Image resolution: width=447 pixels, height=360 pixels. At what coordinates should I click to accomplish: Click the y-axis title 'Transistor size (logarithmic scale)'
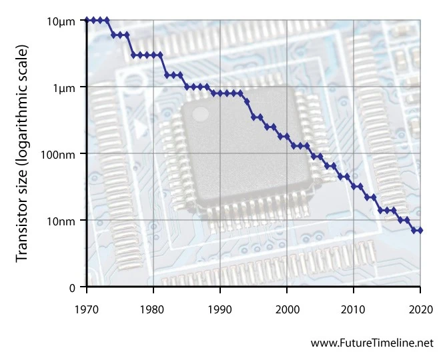pyautogui.click(x=23, y=154)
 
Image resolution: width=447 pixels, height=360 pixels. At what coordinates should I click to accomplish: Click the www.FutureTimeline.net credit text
pyautogui.click(x=372, y=343)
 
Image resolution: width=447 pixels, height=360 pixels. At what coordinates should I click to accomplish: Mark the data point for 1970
pyautogui.click(x=87, y=20)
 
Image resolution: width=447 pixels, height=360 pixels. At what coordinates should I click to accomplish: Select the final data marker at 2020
pyautogui.click(x=420, y=231)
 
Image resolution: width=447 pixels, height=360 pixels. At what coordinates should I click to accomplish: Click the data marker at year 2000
pyautogui.click(x=287, y=136)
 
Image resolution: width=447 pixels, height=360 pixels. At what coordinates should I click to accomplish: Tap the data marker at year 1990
pyautogui.click(x=220, y=93)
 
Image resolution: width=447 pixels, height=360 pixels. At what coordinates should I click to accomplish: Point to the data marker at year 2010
pyautogui.click(x=354, y=187)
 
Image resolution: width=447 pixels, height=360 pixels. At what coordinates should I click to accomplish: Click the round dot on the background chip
pyautogui.click(x=200, y=114)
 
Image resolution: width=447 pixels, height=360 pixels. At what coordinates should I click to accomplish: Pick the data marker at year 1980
pyautogui.click(x=153, y=55)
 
